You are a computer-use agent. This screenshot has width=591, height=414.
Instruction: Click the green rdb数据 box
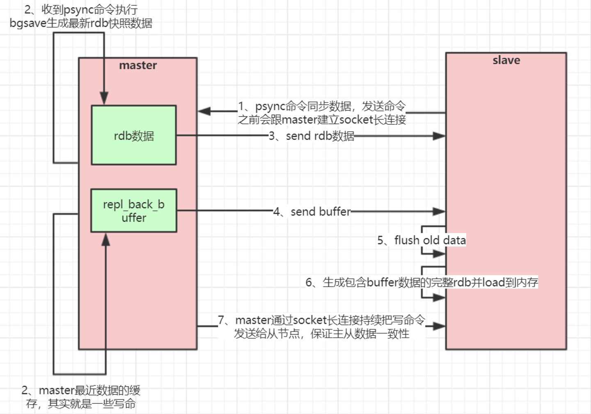134,135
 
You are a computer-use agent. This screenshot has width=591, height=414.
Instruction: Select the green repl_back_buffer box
134,210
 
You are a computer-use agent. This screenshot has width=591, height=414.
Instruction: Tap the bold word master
138,65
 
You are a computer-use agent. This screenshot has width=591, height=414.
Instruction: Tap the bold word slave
506,60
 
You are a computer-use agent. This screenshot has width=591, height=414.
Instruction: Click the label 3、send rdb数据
312,136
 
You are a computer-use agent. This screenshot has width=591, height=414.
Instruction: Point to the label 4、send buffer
312,212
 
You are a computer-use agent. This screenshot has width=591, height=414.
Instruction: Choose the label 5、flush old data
421,240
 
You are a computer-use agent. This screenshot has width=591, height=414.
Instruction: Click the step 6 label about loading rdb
421,282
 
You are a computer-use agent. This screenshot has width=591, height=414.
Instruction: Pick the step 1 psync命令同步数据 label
322,113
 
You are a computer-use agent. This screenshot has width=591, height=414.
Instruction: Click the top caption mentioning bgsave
81,16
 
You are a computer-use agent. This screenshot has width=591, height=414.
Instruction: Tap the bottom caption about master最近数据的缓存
81,397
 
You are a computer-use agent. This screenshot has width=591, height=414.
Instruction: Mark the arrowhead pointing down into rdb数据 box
104,98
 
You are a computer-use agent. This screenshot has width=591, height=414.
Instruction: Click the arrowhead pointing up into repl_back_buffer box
105,240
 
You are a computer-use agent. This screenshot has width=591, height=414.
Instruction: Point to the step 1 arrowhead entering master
204,111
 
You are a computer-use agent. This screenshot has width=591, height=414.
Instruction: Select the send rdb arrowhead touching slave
439,136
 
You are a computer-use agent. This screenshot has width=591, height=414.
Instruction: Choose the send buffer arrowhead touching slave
439,212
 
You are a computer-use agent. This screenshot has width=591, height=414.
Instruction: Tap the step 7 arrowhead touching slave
439,326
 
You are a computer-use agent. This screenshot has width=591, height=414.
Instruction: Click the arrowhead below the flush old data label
439,254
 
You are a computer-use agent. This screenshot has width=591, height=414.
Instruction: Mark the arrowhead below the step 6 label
439,297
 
